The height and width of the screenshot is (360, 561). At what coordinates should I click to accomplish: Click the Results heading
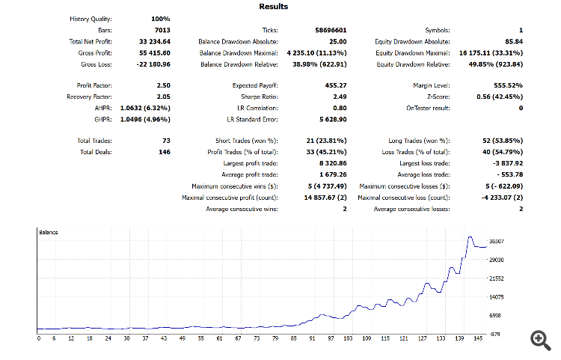click(x=273, y=7)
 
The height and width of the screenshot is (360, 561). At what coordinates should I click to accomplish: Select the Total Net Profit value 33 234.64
click(x=154, y=42)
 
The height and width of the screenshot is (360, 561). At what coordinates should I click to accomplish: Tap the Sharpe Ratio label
click(x=259, y=97)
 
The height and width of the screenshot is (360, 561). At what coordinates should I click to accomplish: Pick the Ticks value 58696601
click(x=331, y=30)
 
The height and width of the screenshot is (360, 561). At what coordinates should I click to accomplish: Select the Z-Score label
click(x=437, y=97)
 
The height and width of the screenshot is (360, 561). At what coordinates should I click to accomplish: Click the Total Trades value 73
click(x=165, y=141)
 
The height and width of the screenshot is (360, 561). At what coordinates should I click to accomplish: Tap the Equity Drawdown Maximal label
click(x=412, y=53)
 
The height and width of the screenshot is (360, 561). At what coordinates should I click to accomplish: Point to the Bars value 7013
click(x=161, y=30)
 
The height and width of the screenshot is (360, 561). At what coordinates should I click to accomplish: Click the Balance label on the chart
click(x=49, y=233)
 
